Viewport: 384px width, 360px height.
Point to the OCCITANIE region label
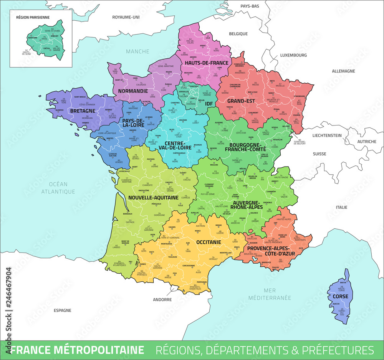(209, 242)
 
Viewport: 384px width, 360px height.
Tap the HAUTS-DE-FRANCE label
(206, 63)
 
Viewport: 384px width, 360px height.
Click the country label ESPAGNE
(62, 310)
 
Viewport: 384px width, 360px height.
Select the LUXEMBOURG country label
(293, 55)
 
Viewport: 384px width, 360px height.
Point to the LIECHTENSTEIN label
(327, 135)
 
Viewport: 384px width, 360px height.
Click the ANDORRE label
(162, 300)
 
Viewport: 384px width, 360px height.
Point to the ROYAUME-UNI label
(126, 18)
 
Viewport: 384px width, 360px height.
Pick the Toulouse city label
(172, 257)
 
